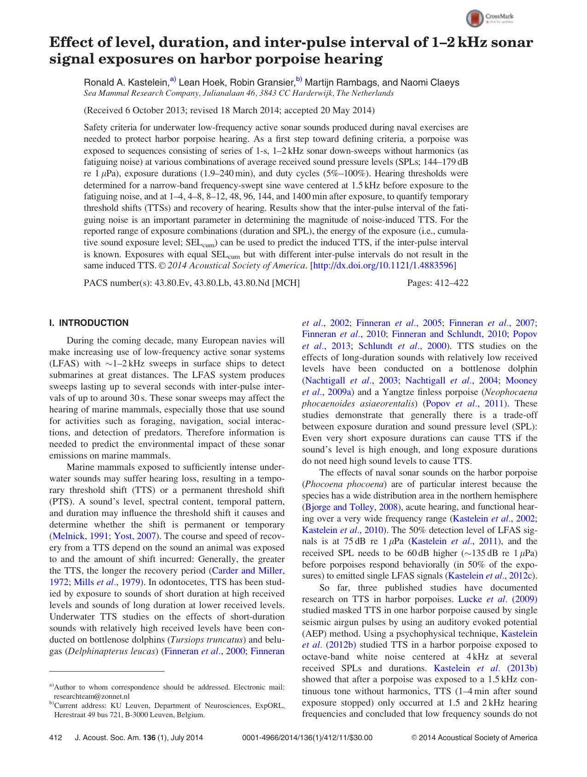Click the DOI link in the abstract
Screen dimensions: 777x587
pos(384,266)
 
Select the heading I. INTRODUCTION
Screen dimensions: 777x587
pos(89,323)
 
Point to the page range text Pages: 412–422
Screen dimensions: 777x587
pos(437,283)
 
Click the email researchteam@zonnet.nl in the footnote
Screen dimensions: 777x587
pos(92,696)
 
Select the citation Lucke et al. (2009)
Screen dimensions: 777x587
pos(498,599)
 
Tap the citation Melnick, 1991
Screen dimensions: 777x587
pos(81,536)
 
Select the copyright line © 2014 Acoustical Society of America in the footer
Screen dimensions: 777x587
pos(474,737)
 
